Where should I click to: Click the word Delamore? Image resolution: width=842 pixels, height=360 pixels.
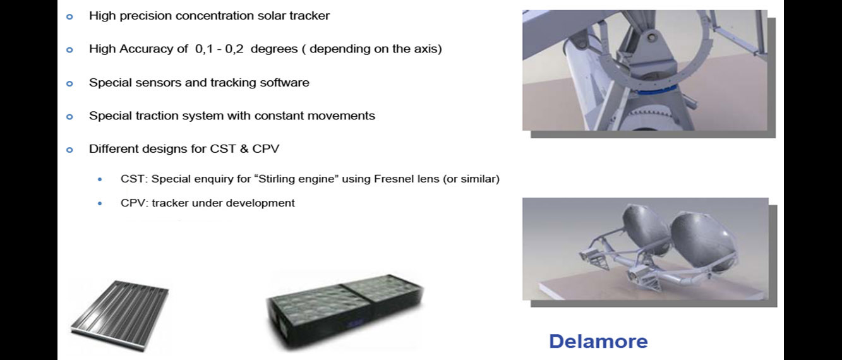pos(598,341)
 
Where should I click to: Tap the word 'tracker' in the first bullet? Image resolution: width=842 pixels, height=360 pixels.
pos(310,16)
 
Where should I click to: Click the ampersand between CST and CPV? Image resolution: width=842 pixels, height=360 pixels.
pos(244,149)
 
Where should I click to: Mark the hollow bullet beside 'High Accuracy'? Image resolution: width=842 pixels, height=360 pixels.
pos(69,50)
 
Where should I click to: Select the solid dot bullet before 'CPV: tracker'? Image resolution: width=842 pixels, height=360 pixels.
pos(100,203)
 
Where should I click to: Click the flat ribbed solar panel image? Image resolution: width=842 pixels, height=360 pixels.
pos(120,315)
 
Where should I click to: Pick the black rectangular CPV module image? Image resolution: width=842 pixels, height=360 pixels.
pos(345,311)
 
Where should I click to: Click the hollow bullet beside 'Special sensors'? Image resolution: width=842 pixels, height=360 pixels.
pos(69,83)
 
